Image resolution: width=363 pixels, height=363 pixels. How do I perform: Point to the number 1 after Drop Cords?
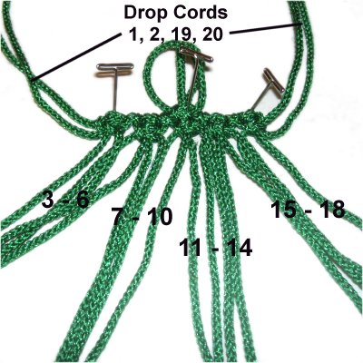pos(132,35)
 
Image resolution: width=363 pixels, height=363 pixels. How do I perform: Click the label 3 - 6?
pos(65,199)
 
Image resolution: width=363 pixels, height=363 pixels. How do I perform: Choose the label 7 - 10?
pos(142,216)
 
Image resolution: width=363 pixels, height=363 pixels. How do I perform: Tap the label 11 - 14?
pos(216,248)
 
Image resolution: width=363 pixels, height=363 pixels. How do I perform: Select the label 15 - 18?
pos(308,210)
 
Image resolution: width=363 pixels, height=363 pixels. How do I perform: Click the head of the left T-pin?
pos(115,67)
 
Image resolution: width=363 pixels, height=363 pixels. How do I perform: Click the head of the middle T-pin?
pos(196,54)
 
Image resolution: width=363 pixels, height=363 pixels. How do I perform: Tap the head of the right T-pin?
pos(274,81)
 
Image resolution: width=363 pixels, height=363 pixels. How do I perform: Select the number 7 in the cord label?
pos(118,216)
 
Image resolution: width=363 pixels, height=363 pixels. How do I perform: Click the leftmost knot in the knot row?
pos(106,123)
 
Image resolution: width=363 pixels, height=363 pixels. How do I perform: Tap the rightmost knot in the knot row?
pos(253,122)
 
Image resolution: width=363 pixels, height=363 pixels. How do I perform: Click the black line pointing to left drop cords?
pos(75,57)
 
